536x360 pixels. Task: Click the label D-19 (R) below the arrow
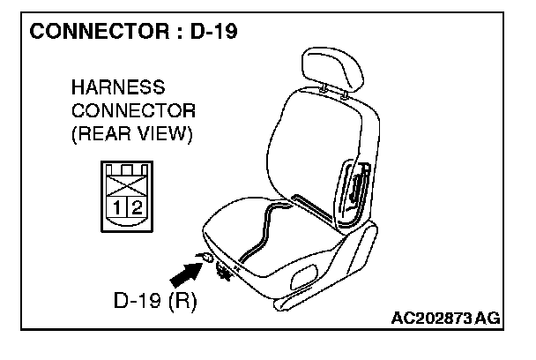(153, 301)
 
